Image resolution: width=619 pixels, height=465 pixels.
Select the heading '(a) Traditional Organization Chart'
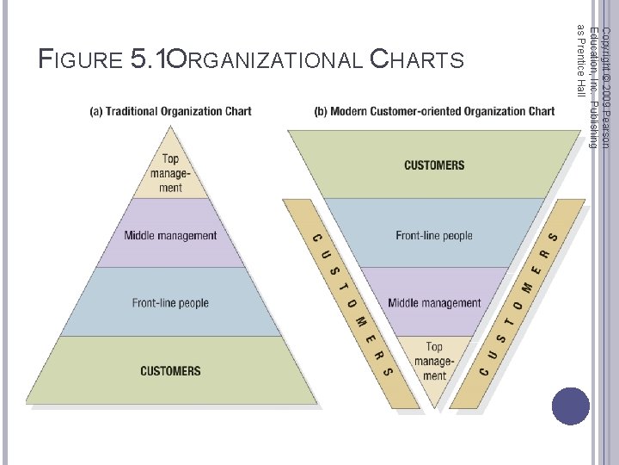point(171,111)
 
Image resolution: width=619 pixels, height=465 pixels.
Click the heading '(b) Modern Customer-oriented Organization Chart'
point(434,111)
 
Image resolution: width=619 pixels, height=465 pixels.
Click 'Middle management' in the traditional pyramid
point(170,235)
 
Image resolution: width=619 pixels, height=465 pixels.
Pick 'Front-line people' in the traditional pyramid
point(170,303)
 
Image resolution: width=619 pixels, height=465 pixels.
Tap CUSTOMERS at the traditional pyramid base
point(170,371)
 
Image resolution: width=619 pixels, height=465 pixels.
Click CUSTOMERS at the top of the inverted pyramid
point(434,164)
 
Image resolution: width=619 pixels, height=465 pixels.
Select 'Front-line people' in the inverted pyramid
point(434,235)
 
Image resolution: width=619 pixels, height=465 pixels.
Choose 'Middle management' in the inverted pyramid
point(434,303)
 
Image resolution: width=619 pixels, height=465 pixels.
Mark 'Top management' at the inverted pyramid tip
point(434,362)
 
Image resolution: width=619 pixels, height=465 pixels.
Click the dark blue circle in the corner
point(571,406)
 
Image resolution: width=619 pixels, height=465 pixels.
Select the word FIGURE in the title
point(81,59)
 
